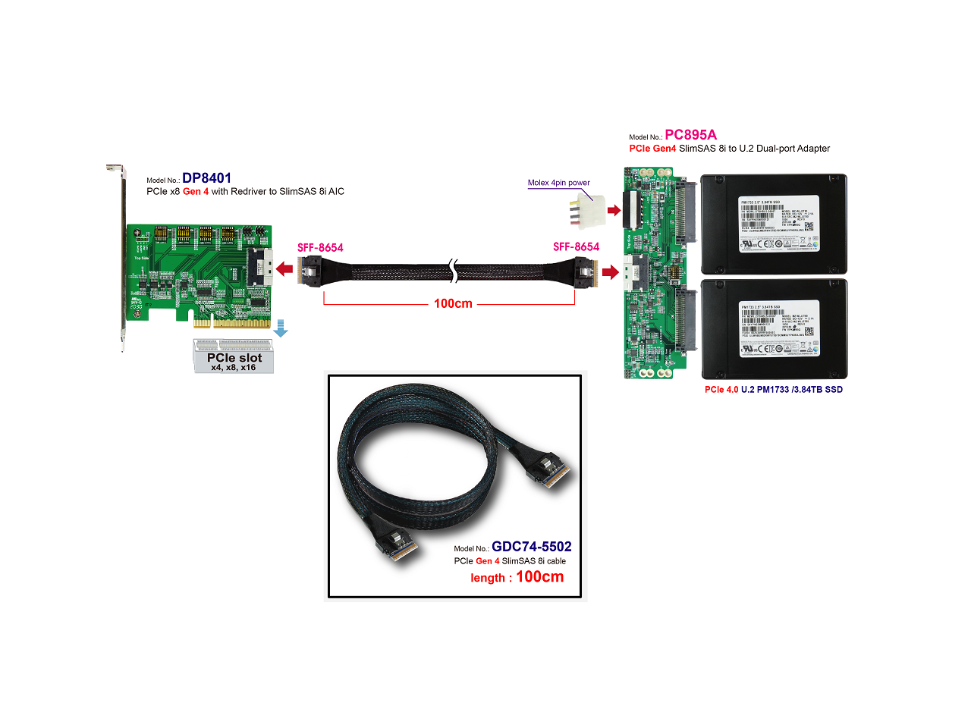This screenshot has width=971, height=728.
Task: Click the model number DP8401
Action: tap(206, 178)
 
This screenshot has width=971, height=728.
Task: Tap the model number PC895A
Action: tap(690, 135)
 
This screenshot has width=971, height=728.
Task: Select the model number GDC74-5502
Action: tap(531, 547)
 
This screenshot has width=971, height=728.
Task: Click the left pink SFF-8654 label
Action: tap(320, 248)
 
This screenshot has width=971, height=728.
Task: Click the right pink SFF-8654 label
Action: tap(576, 247)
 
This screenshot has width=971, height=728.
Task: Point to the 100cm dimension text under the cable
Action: tap(453, 303)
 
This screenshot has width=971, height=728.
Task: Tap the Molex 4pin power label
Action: tap(558, 183)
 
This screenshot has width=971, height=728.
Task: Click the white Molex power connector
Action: tap(591, 209)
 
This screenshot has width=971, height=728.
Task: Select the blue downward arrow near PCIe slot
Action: tap(280, 328)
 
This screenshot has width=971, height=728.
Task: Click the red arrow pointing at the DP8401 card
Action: tap(284, 268)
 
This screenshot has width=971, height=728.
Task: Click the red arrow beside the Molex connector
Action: tap(614, 210)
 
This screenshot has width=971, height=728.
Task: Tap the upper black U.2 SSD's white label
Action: tap(779, 224)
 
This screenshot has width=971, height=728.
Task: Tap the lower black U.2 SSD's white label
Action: tap(779, 328)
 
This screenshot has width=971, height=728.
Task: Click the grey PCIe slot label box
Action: tap(234, 356)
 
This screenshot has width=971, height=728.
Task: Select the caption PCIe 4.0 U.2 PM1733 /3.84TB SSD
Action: tap(773, 390)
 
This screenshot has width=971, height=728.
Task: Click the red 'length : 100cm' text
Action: tap(517, 577)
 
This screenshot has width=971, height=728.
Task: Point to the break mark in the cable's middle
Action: tap(453, 269)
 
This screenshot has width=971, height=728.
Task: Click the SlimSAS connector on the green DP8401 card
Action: tap(258, 268)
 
